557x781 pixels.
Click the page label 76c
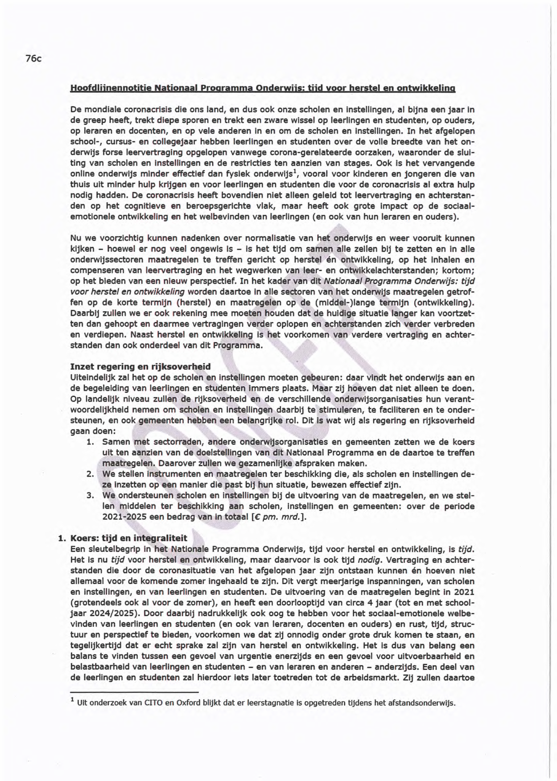(x=33, y=58)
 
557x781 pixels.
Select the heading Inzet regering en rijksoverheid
(x=140, y=366)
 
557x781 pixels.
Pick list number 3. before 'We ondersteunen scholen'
(x=91, y=496)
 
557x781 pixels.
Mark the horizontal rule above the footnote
(x=134, y=693)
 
